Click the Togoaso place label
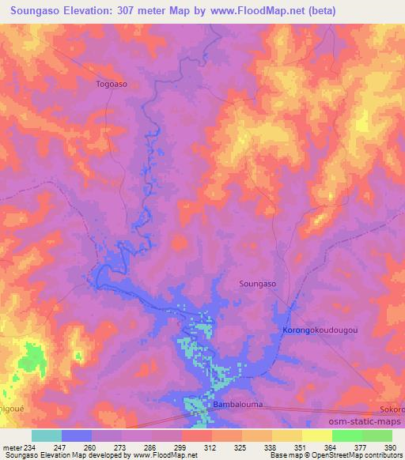pos(112,83)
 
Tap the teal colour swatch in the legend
pos(47,435)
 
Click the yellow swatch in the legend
pos(316,435)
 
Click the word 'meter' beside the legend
pos(13,447)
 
